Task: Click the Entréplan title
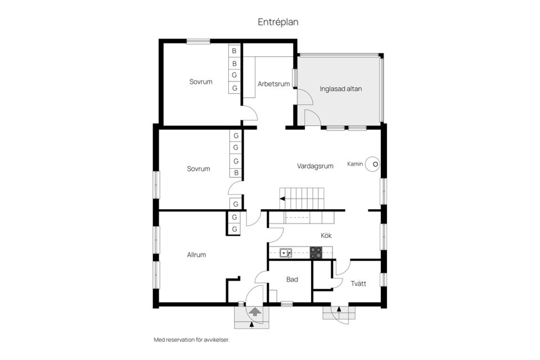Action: (278, 22)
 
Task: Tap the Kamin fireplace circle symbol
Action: (372, 164)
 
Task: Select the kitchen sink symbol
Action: (286, 253)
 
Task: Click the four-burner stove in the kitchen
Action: (316, 253)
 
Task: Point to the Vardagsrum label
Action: (315, 166)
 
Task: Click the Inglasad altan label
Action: (341, 89)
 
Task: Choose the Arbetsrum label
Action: (274, 84)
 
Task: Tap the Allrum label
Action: (196, 255)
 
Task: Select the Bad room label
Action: (292, 280)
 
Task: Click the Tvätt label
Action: (358, 283)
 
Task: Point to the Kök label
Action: (326, 236)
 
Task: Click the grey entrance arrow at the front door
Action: (255, 312)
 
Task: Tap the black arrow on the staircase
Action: (282, 199)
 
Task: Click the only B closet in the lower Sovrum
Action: (236, 173)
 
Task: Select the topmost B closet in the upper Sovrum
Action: (234, 51)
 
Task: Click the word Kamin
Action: (355, 164)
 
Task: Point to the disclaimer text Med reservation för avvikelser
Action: (191, 340)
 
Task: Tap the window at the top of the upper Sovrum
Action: (199, 41)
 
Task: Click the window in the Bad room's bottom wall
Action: (287, 304)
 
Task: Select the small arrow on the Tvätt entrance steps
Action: (339, 309)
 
